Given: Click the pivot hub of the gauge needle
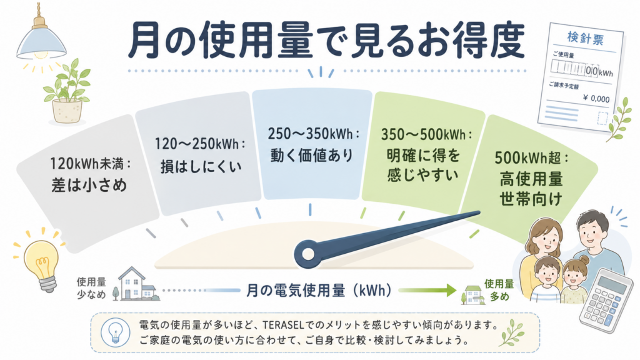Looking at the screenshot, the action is [309, 254].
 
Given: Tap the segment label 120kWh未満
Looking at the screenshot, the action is [90, 164].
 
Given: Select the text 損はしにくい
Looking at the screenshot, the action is [201, 166].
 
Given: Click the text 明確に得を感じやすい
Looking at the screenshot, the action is [423, 165].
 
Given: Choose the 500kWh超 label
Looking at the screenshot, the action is [531, 157].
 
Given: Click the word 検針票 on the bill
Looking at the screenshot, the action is [585, 38].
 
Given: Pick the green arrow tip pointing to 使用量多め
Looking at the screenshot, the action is [456, 290].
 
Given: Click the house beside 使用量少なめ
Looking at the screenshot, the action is [137, 284].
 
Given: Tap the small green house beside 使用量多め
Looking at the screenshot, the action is [472, 295].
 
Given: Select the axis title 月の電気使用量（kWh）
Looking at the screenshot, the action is [319, 290].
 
